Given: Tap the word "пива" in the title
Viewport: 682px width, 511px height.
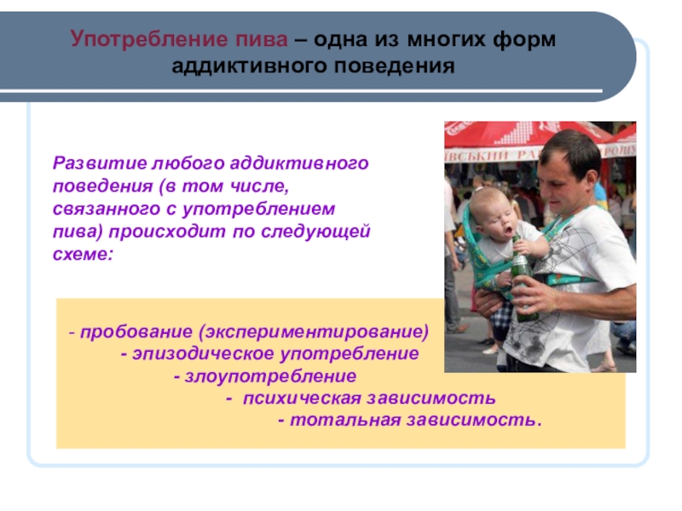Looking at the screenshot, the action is coord(262,40).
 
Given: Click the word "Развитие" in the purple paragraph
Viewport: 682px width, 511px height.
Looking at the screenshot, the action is coord(100,163).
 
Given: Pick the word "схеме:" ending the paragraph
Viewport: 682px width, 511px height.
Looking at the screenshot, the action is coord(83,254).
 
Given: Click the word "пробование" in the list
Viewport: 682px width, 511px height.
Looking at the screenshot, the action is coord(136,332).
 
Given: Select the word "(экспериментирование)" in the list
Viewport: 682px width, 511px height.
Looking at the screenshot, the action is coord(314,332).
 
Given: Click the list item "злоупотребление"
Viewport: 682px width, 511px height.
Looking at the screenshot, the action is coord(270,376).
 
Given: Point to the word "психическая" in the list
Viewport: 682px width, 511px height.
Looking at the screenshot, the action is coord(303,399).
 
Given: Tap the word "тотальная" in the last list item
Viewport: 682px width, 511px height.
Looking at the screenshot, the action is coord(345,420).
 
